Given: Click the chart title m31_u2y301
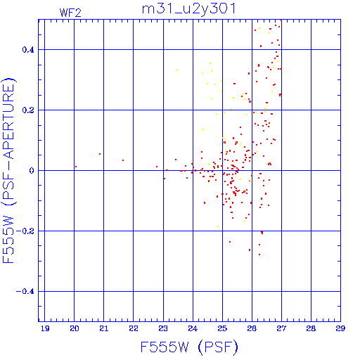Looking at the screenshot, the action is click(x=188, y=9).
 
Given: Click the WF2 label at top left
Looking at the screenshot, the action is click(x=70, y=13).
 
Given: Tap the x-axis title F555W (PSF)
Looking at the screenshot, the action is click(x=189, y=347).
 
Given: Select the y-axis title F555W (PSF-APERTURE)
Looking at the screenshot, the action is click(x=8, y=170).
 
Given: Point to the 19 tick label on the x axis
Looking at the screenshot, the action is click(x=45, y=328).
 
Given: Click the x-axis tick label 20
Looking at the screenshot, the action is click(x=75, y=328).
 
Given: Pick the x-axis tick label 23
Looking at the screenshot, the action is click(x=163, y=328).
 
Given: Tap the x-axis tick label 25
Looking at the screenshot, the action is click(x=222, y=328).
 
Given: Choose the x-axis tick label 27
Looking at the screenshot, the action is click(x=281, y=328).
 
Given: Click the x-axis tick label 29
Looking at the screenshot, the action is click(x=340, y=328).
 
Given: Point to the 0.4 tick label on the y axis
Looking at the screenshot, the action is click(x=28, y=50).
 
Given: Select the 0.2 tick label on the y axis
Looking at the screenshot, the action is click(x=28, y=110).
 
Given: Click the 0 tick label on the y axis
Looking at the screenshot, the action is click(x=32, y=171).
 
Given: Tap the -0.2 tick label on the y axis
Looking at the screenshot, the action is click(x=25, y=231).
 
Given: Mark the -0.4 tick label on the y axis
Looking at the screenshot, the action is click(x=25, y=292).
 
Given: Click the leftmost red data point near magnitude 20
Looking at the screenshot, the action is click(x=76, y=167).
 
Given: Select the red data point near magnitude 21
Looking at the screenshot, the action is click(x=100, y=154).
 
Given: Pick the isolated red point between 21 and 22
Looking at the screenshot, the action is click(x=123, y=160).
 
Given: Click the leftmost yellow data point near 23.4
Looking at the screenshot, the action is click(x=176, y=70).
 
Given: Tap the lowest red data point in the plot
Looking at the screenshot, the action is click(x=259, y=255).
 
